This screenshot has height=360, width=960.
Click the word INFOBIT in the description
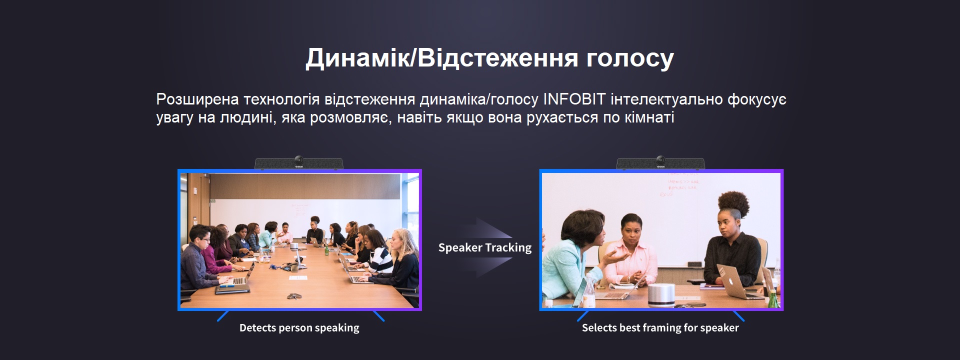coord(574,99)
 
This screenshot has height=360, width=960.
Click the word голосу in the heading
coord(630,59)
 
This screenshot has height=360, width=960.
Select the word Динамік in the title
coord(357,59)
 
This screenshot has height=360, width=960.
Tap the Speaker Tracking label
coord(485,247)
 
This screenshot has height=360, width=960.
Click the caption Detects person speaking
coord(299,328)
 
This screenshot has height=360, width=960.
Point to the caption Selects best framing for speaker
coord(660,328)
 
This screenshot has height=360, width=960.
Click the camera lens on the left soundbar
coord(298,159)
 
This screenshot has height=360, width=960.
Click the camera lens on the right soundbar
coord(660,159)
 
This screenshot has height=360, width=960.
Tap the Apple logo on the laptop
coord(731,280)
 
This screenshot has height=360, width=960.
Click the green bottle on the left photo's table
coord(326,248)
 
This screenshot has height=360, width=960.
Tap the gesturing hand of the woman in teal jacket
coord(615,256)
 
